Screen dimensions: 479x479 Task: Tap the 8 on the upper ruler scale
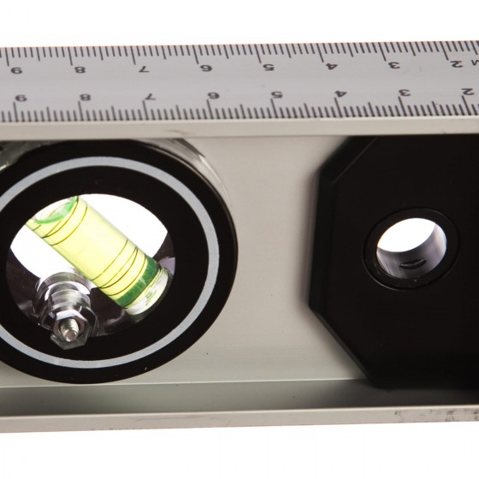[80, 70]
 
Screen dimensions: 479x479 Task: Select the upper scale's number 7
[144, 69]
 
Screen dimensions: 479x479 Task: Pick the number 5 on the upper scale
[269, 67]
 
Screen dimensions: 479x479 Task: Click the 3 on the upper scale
[394, 65]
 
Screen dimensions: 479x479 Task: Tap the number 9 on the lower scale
[21, 98]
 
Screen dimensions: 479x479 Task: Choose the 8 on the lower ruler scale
[85, 98]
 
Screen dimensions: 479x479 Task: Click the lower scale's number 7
[150, 97]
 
